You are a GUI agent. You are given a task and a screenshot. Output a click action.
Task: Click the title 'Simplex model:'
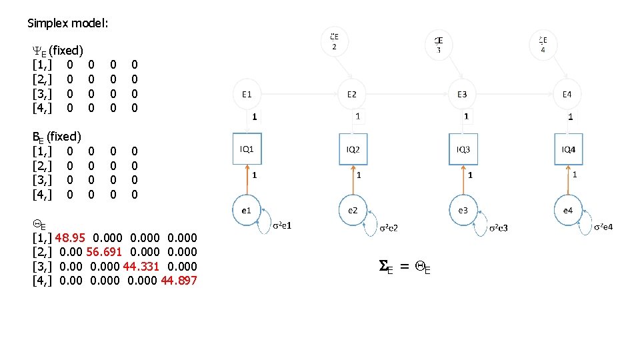click(67, 23)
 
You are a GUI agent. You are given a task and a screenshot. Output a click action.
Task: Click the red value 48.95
click(70, 237)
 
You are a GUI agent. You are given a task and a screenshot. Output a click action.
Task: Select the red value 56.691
click(104, 251)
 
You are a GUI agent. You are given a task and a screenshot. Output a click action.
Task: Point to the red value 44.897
click(179, 280)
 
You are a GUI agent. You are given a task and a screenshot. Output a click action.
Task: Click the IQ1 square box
click(247, 149)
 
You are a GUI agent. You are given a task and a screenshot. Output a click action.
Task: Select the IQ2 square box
click(353, 149)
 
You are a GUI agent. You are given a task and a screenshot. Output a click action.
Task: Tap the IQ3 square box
click(463, 149)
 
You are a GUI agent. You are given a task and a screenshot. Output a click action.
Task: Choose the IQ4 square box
click(568, 149)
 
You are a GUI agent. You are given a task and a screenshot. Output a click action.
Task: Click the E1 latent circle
click(247, 95)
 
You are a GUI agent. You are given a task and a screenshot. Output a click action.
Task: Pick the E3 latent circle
click(462, 95)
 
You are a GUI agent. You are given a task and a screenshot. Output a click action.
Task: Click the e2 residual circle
click(353, 210)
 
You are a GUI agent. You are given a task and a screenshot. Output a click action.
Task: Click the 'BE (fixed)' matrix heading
click(57, 136)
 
